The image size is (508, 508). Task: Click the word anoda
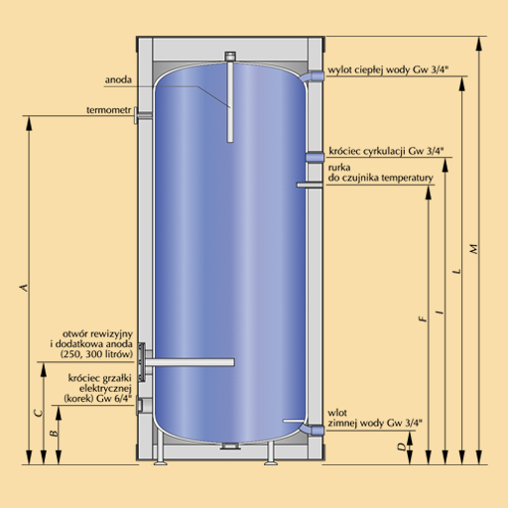[x=118, y=79]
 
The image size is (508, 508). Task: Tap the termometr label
[x=109, y=110]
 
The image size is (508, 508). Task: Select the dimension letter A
[x=24, y=288]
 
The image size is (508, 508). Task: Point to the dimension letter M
[x=474, y=249]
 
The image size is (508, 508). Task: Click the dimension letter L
[x=457, y=271]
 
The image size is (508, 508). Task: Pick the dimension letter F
[x=423, y=318]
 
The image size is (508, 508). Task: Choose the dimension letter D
[x=402, y=447]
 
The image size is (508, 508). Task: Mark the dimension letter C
[x=39, y=413]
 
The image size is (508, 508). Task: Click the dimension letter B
[x=54, y=433]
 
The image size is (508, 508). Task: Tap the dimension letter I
[x=440, y=312]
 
